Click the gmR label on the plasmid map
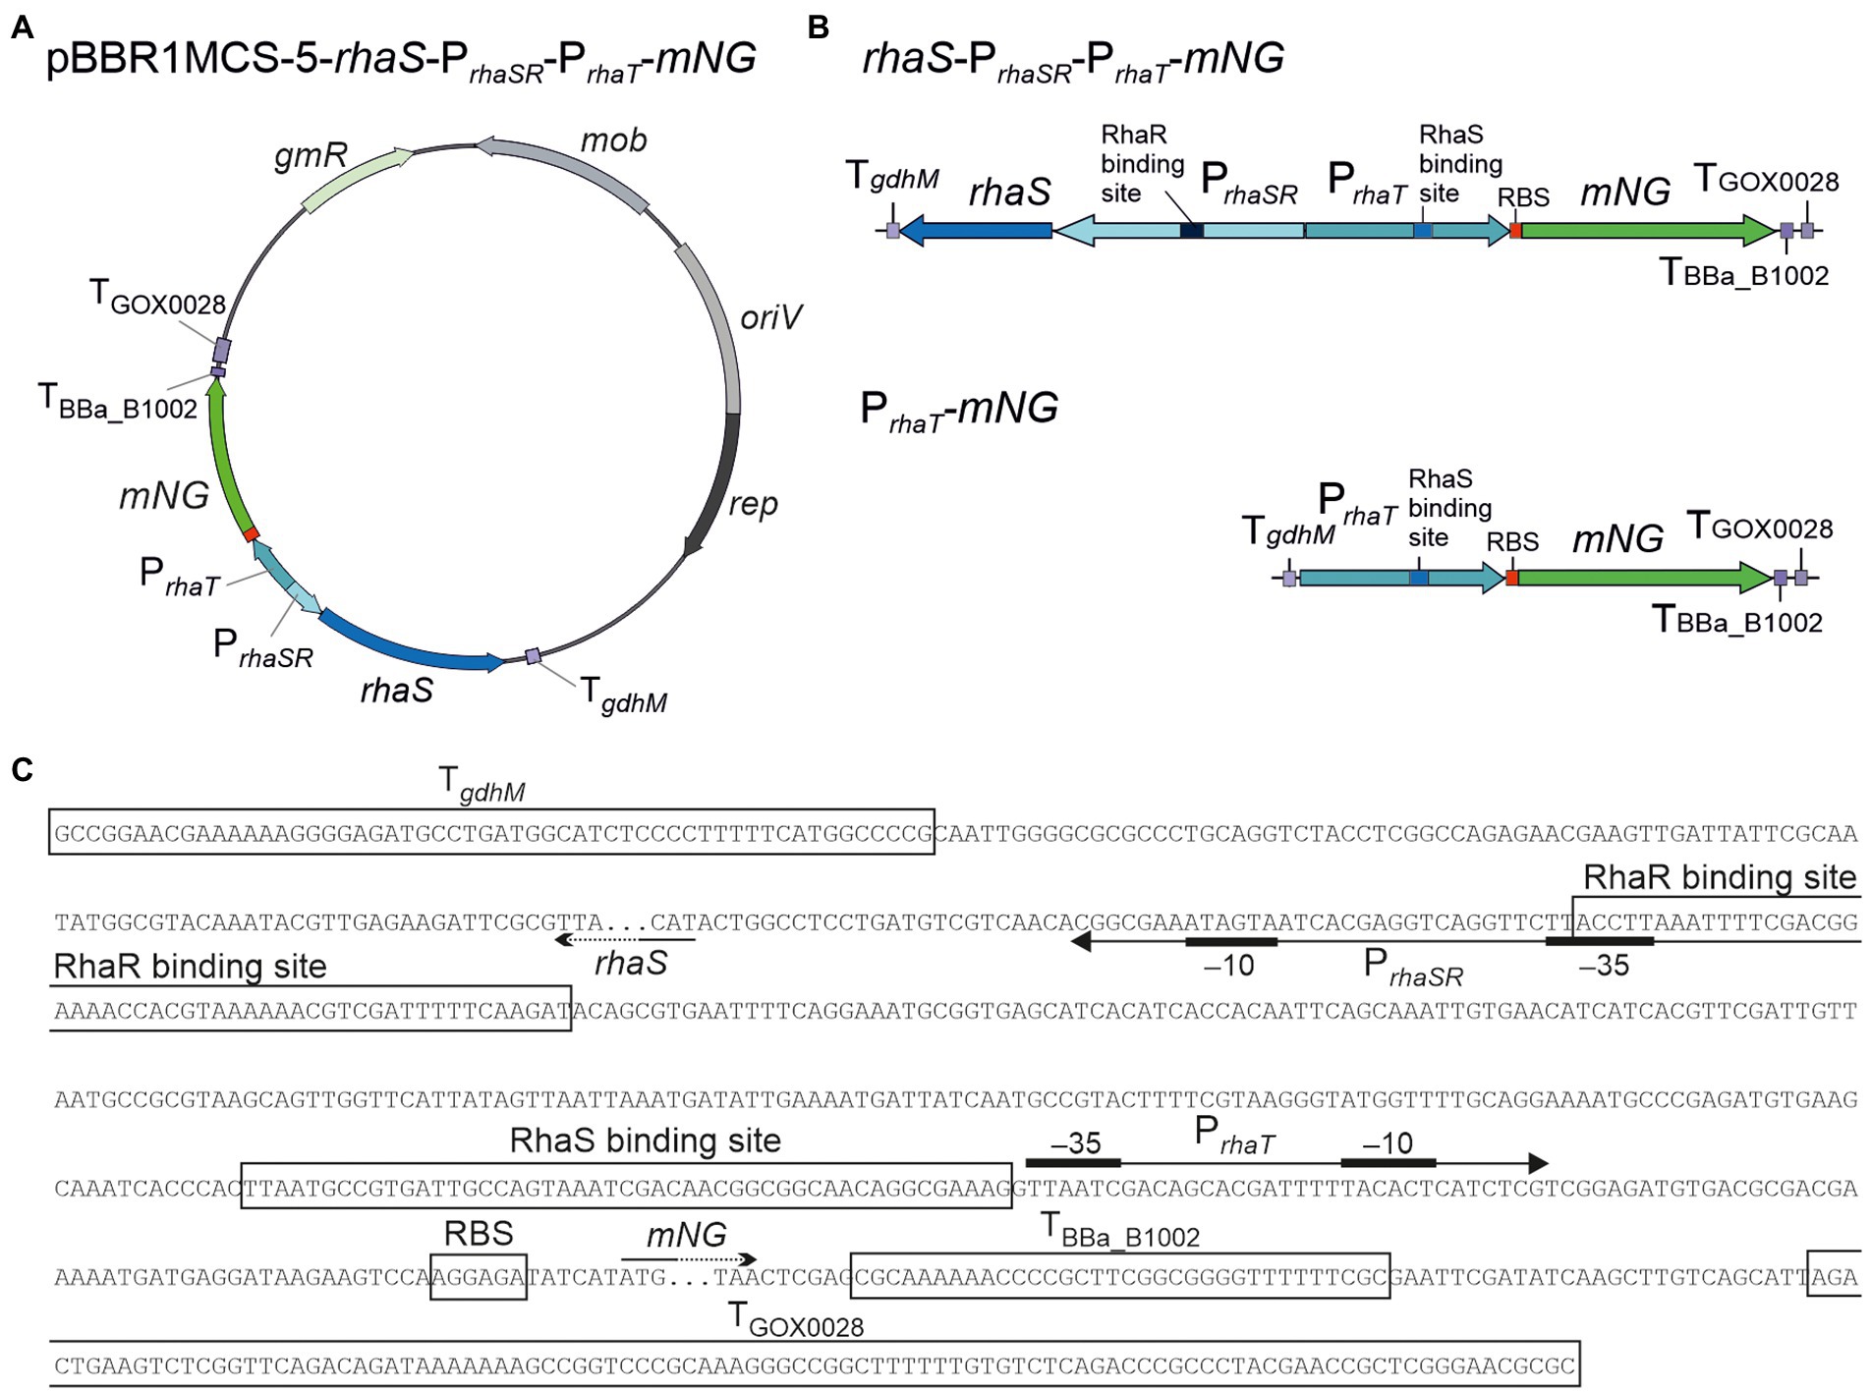coord(311,155)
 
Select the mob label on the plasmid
coord(613,140)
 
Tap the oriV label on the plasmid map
coord(770,317)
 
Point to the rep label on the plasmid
coord(753,504)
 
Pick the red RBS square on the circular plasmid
coord(252,533)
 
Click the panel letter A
coord(22,28)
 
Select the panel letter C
coord(22,769)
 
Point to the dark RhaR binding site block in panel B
coord(1191,231)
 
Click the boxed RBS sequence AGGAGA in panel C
coord(479,1277)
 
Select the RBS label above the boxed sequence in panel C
coord(479,1234)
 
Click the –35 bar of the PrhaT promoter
coord(1073,1163)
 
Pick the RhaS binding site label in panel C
coord(645,1141)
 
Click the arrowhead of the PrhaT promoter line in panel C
coord(1538,1163)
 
